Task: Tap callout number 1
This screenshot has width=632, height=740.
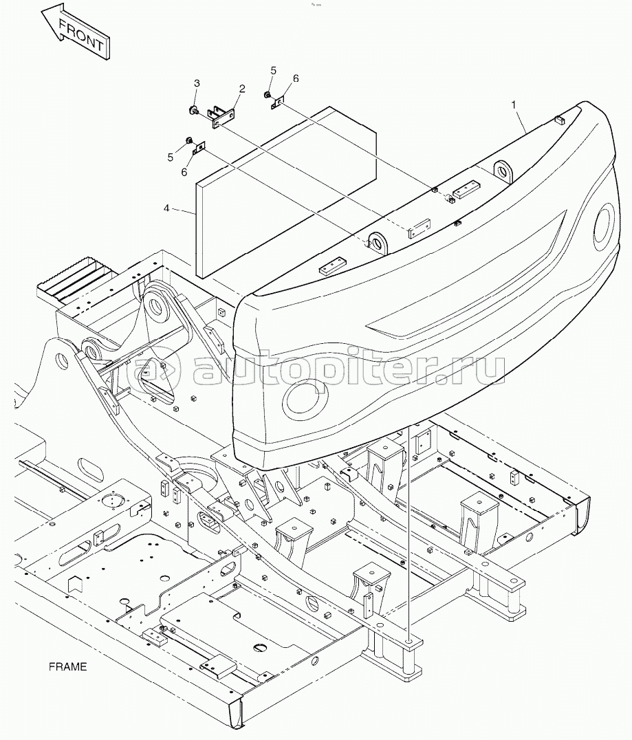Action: (x=514, y=105)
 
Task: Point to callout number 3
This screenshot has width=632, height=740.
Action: (x=197, y=83)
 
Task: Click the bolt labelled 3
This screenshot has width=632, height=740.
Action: (x=193, y=111)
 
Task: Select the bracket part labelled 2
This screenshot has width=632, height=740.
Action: (x=222, y=116)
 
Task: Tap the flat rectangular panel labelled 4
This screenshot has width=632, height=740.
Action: (x=286, y=191)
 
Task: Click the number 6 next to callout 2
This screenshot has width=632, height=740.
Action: (x=296, y=78)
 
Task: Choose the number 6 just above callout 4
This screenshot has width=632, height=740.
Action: (x=184, y=172)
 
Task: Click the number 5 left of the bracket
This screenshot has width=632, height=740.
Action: (x=171, y=157)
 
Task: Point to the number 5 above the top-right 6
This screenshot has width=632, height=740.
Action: (x=273, y=70)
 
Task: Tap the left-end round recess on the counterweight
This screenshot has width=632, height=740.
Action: (x=306, y=395)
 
